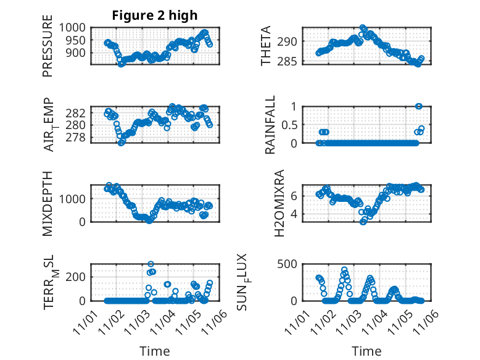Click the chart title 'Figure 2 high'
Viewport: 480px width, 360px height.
(154, 15)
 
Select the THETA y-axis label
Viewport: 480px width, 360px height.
(266, 46)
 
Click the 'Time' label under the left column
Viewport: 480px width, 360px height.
(155, 351)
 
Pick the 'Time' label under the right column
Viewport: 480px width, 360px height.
(366, 351)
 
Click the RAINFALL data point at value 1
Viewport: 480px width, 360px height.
(419, 106)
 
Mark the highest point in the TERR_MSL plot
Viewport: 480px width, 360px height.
(151, 264)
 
